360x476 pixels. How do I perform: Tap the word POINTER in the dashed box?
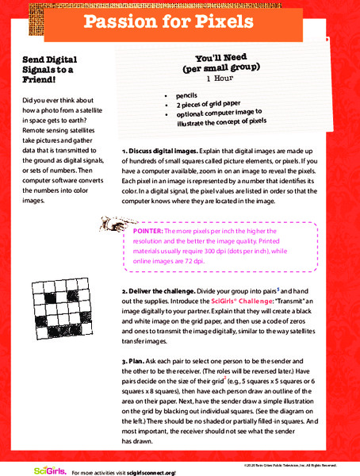[148, 230]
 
